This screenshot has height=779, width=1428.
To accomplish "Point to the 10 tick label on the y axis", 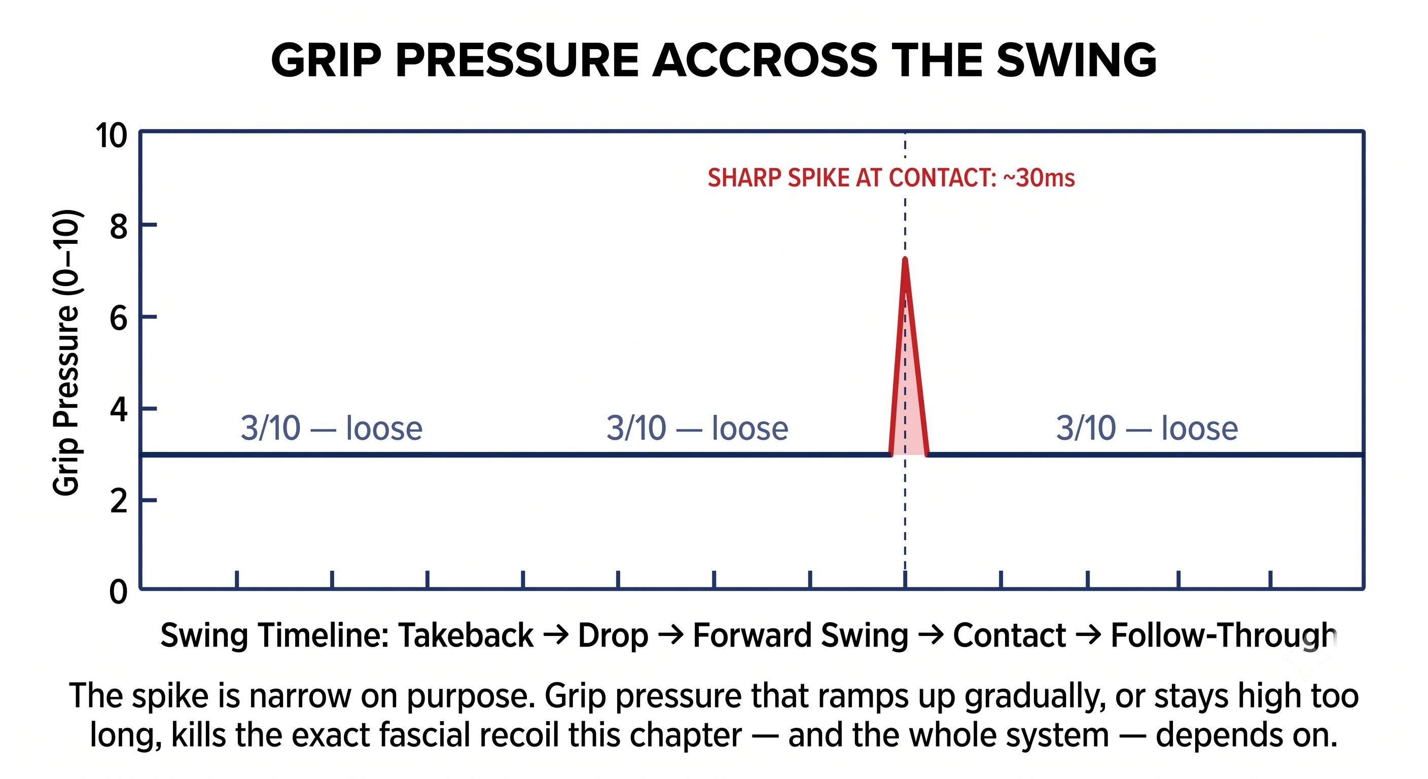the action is click(x=111, y=135).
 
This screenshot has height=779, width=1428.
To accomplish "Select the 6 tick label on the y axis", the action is click(x=119, y=319).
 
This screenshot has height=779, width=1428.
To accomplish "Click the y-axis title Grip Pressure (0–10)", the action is click(x=67, y=352).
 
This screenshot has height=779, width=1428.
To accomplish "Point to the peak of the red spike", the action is click(x=905, y=260).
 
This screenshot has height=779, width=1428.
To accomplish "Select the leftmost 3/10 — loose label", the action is click(x=332, y=428).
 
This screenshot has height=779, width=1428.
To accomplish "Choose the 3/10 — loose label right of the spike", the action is click(x=1147, y=428).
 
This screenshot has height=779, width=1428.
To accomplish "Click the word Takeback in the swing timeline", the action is click(x=466, y=635).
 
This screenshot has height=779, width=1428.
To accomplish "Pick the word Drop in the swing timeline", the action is click(x=613, y=636).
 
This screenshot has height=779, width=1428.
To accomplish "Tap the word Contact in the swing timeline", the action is click(x=1010, y=635).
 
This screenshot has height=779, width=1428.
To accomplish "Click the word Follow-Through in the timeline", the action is click(x=1225, y=636).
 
